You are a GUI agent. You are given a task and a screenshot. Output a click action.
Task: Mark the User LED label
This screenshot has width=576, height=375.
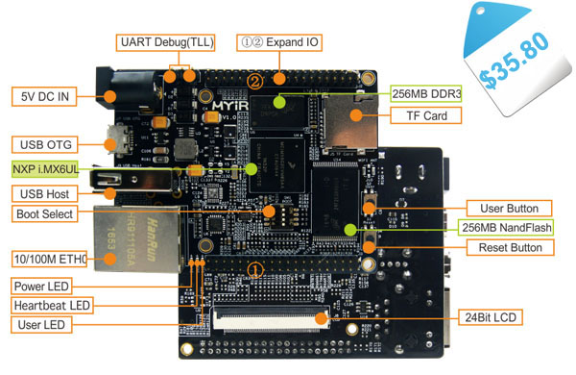pos(42,324)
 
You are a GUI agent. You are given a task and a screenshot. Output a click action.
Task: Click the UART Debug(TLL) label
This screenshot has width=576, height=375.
pos(166,42)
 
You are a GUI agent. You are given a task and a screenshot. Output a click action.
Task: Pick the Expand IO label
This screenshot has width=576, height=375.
pos(280,42)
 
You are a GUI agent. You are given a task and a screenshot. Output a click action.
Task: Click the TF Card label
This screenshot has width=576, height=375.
pos(426,115)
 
